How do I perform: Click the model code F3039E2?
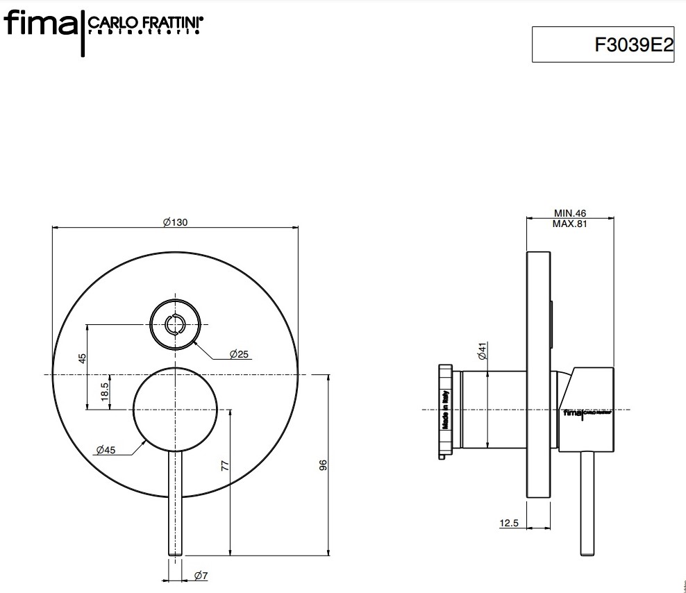point(633,45)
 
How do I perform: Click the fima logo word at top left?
point(41,24)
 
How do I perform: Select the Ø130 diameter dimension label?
point(176,222)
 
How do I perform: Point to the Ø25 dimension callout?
point(240,354)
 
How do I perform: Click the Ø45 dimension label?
point(106,450)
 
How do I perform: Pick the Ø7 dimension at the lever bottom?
point(200,576)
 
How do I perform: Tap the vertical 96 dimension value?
point(323,465)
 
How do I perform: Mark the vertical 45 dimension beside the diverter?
point(82,358)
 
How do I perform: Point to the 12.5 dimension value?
point(508,524)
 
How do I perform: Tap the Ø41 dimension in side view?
point(482,351)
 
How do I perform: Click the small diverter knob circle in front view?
point(175,324)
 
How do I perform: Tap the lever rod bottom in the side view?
point(587,549)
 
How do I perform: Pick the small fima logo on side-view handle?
point(586,413)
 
